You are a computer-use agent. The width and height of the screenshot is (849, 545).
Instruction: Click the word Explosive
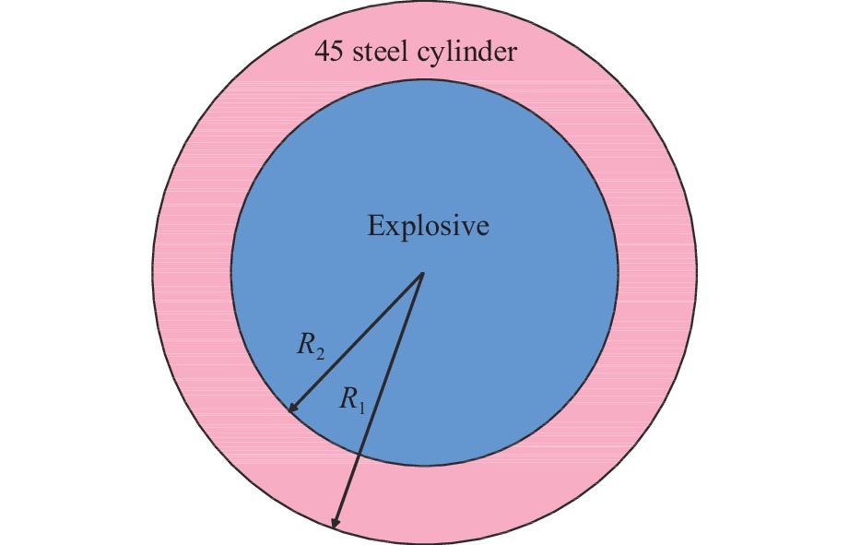pos(428,226)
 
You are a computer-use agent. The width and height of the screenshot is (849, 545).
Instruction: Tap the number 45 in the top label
pos(330,53)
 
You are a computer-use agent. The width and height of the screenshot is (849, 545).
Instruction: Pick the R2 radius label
pos(309,349)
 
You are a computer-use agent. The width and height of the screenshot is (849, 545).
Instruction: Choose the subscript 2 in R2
pos(319,353)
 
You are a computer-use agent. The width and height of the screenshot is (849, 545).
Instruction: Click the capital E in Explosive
pos(375,226)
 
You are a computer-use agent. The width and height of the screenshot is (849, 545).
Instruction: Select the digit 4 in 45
pos(323,53)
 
